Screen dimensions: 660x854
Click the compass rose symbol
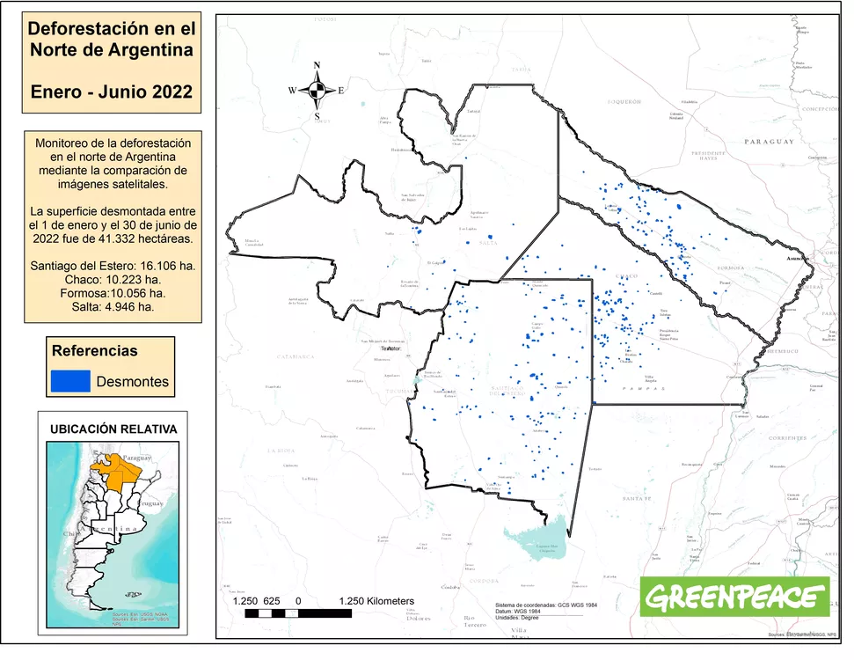(317, 90)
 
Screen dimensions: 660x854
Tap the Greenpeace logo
(737, 599)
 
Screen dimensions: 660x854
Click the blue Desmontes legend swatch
(70, 381)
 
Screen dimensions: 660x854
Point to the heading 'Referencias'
(95, 350)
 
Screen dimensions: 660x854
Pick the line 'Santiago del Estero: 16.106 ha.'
(112, 265)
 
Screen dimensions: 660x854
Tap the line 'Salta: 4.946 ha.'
(112, 307)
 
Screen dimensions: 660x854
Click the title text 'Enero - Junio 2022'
(111, 92)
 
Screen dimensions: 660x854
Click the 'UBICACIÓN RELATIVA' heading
(113, 429)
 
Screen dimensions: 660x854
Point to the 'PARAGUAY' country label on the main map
(768, 142)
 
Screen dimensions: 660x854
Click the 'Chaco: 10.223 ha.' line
(112, 279)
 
